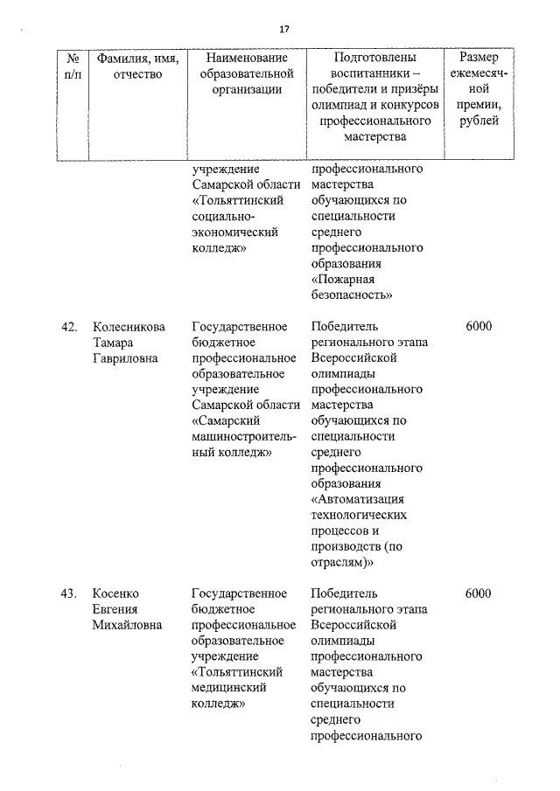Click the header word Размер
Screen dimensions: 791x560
479,57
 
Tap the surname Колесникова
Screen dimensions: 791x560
129,327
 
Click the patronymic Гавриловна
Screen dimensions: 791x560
127,358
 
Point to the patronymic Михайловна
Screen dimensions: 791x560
128,626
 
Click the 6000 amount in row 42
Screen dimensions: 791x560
479,327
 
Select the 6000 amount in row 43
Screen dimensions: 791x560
479,594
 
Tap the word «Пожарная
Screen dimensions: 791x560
345,280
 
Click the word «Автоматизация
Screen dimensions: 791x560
359,500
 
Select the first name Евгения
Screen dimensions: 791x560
117,610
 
